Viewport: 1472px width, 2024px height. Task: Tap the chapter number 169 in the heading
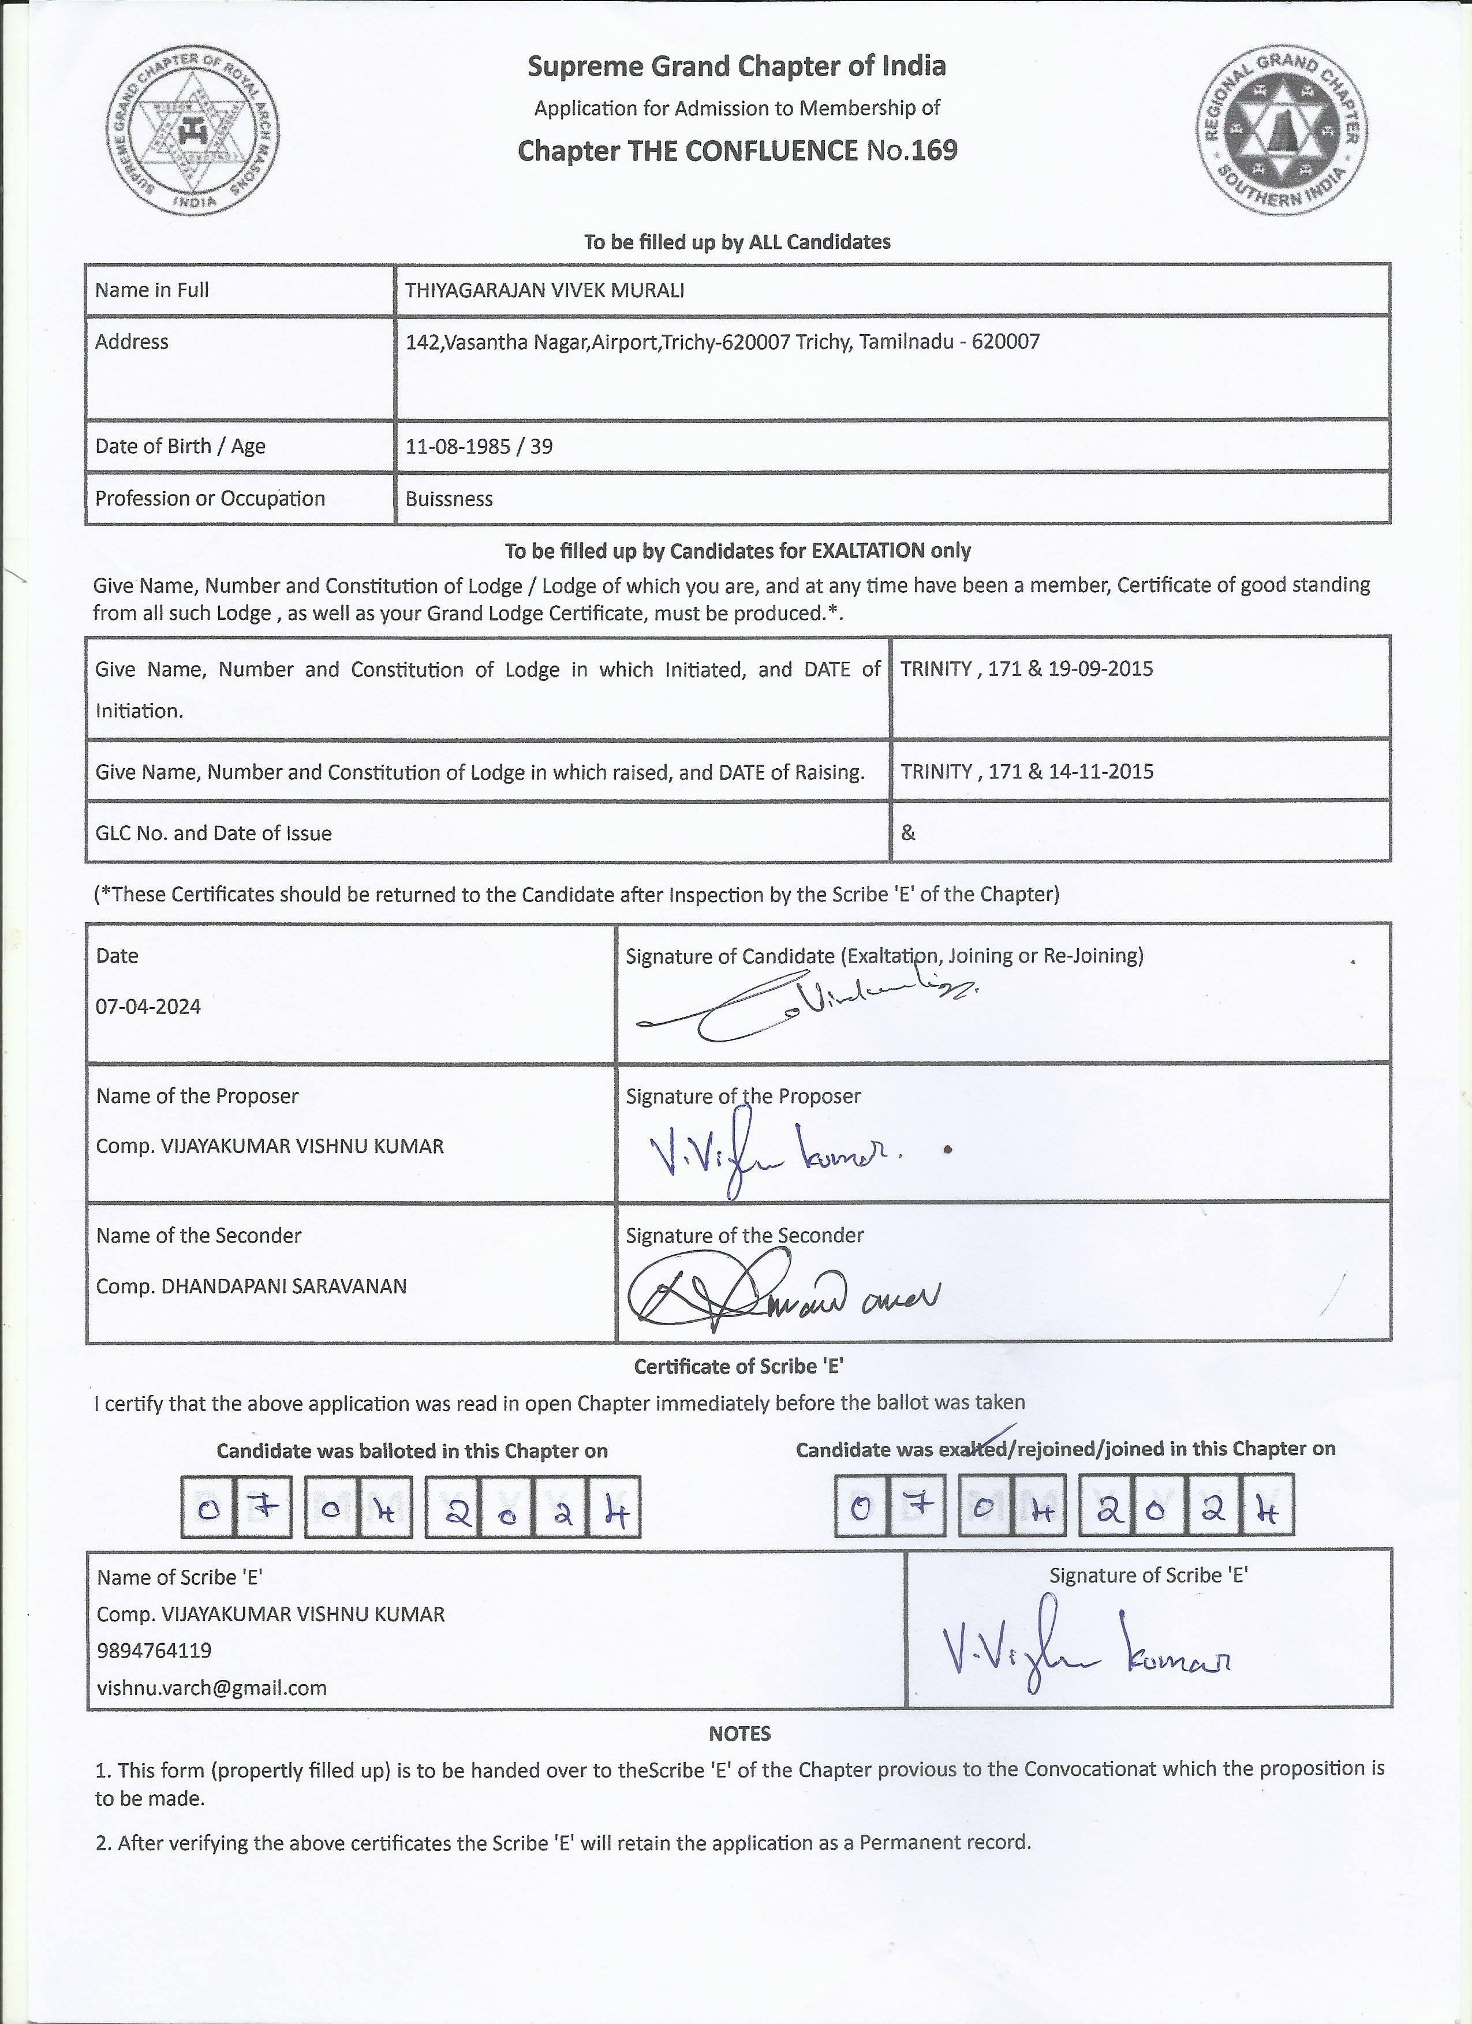point(934,150)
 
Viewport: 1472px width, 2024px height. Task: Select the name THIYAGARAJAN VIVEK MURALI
point(544,290)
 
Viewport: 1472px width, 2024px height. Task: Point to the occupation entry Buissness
point(449,499)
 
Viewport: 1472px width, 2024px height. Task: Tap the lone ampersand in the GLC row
point(908,833)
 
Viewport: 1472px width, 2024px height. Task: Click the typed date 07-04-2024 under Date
point(148,1007)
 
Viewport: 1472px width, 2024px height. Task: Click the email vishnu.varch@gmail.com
point(211,1688)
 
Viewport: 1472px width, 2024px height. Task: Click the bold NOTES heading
point(739,1734)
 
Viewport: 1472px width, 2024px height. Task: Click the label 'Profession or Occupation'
point(210,499)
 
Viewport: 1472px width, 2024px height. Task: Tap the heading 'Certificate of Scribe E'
point(739,1366)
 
